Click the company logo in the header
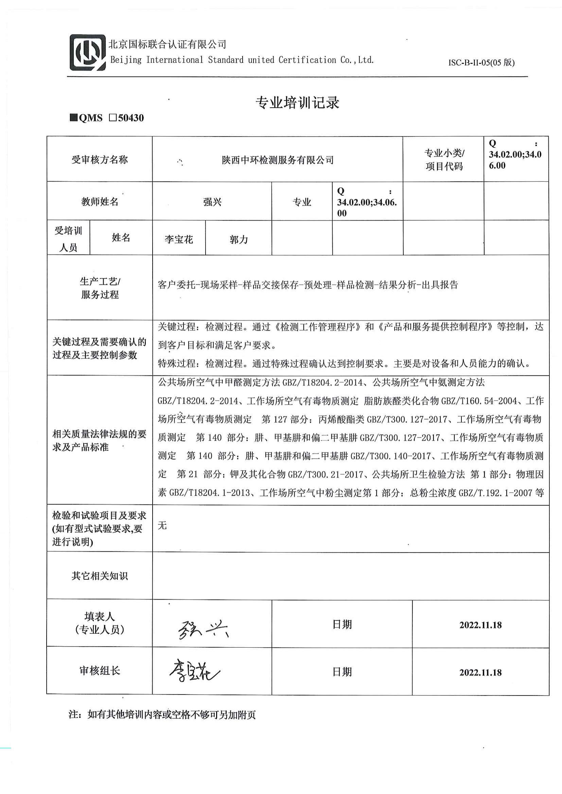[x=88, y=53]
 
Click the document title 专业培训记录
[x=297, y=103]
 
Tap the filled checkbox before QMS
[x=73, y=118]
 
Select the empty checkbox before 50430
[x=113, y=118]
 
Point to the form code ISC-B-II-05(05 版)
[x=481, y=62]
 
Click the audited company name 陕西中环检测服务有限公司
[x=278, y=160]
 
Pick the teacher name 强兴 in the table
[x=212, y=202]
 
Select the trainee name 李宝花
[x=179, y=239]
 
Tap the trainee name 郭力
[x=239, y=239]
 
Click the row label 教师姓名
[x=100, y=202]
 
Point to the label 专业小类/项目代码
[x=444, y=160]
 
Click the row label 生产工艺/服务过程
[x=100, y=288]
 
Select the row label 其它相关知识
[x=100, y=576]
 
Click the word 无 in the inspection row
[x=162, y=526]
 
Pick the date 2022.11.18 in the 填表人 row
[x=480, y=625]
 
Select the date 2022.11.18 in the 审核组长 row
[x=480, y=672]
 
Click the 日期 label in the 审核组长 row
[x=342, y=672]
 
